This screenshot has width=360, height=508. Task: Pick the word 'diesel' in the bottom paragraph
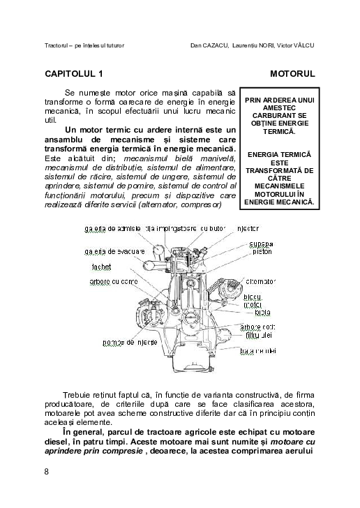point(57,442)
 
